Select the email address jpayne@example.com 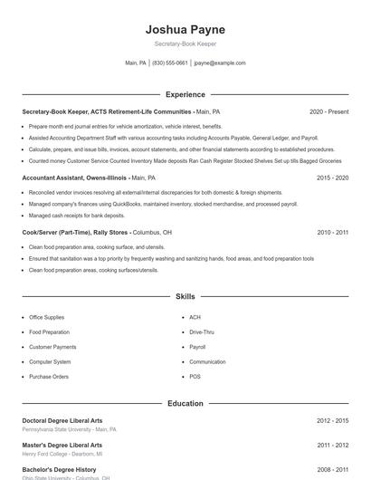[220, 63]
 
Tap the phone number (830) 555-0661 [170, 63]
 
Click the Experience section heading [185, 94]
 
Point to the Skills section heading [185, 296]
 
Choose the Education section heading [185, 403]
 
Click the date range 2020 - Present [328, 112]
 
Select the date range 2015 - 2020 [332, 178]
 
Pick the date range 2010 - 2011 [332, 233]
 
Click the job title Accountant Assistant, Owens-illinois [75, 178]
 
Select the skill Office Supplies [47, 318]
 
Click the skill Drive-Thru [202, 332]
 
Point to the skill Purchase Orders [49, 376]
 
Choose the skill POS [195, 376]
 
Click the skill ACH [195, 318]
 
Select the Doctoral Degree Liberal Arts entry [62, 421]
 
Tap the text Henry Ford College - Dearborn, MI [62, 454]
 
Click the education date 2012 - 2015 [332, 421]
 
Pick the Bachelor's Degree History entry [59, 470]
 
